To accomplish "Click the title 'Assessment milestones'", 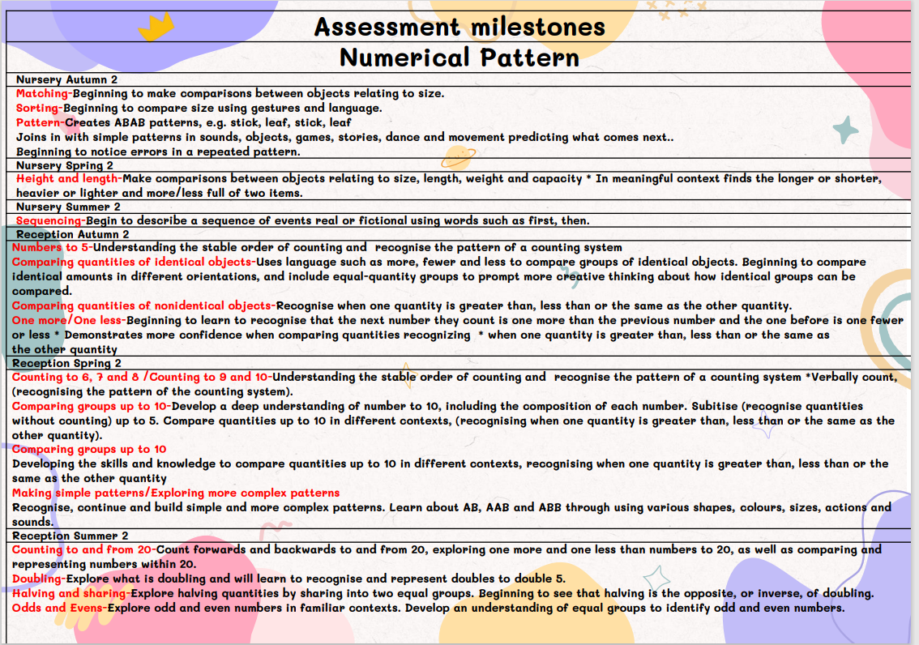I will tap(459, 27).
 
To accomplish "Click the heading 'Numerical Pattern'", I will tap(459, 58).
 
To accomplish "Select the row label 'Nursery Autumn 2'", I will tap(66, 79).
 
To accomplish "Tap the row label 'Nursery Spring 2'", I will tap(65, 165).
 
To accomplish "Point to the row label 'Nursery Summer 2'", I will tap(67, 207).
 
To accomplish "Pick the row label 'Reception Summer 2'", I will tap(71, 536).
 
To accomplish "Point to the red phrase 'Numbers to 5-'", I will tap(53, 248).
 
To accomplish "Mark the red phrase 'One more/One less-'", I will tap(69, 321).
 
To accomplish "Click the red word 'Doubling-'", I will tap(39, 579).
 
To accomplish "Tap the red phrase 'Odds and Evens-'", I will tap(59, 608).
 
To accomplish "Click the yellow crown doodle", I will tap(156, 27).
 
